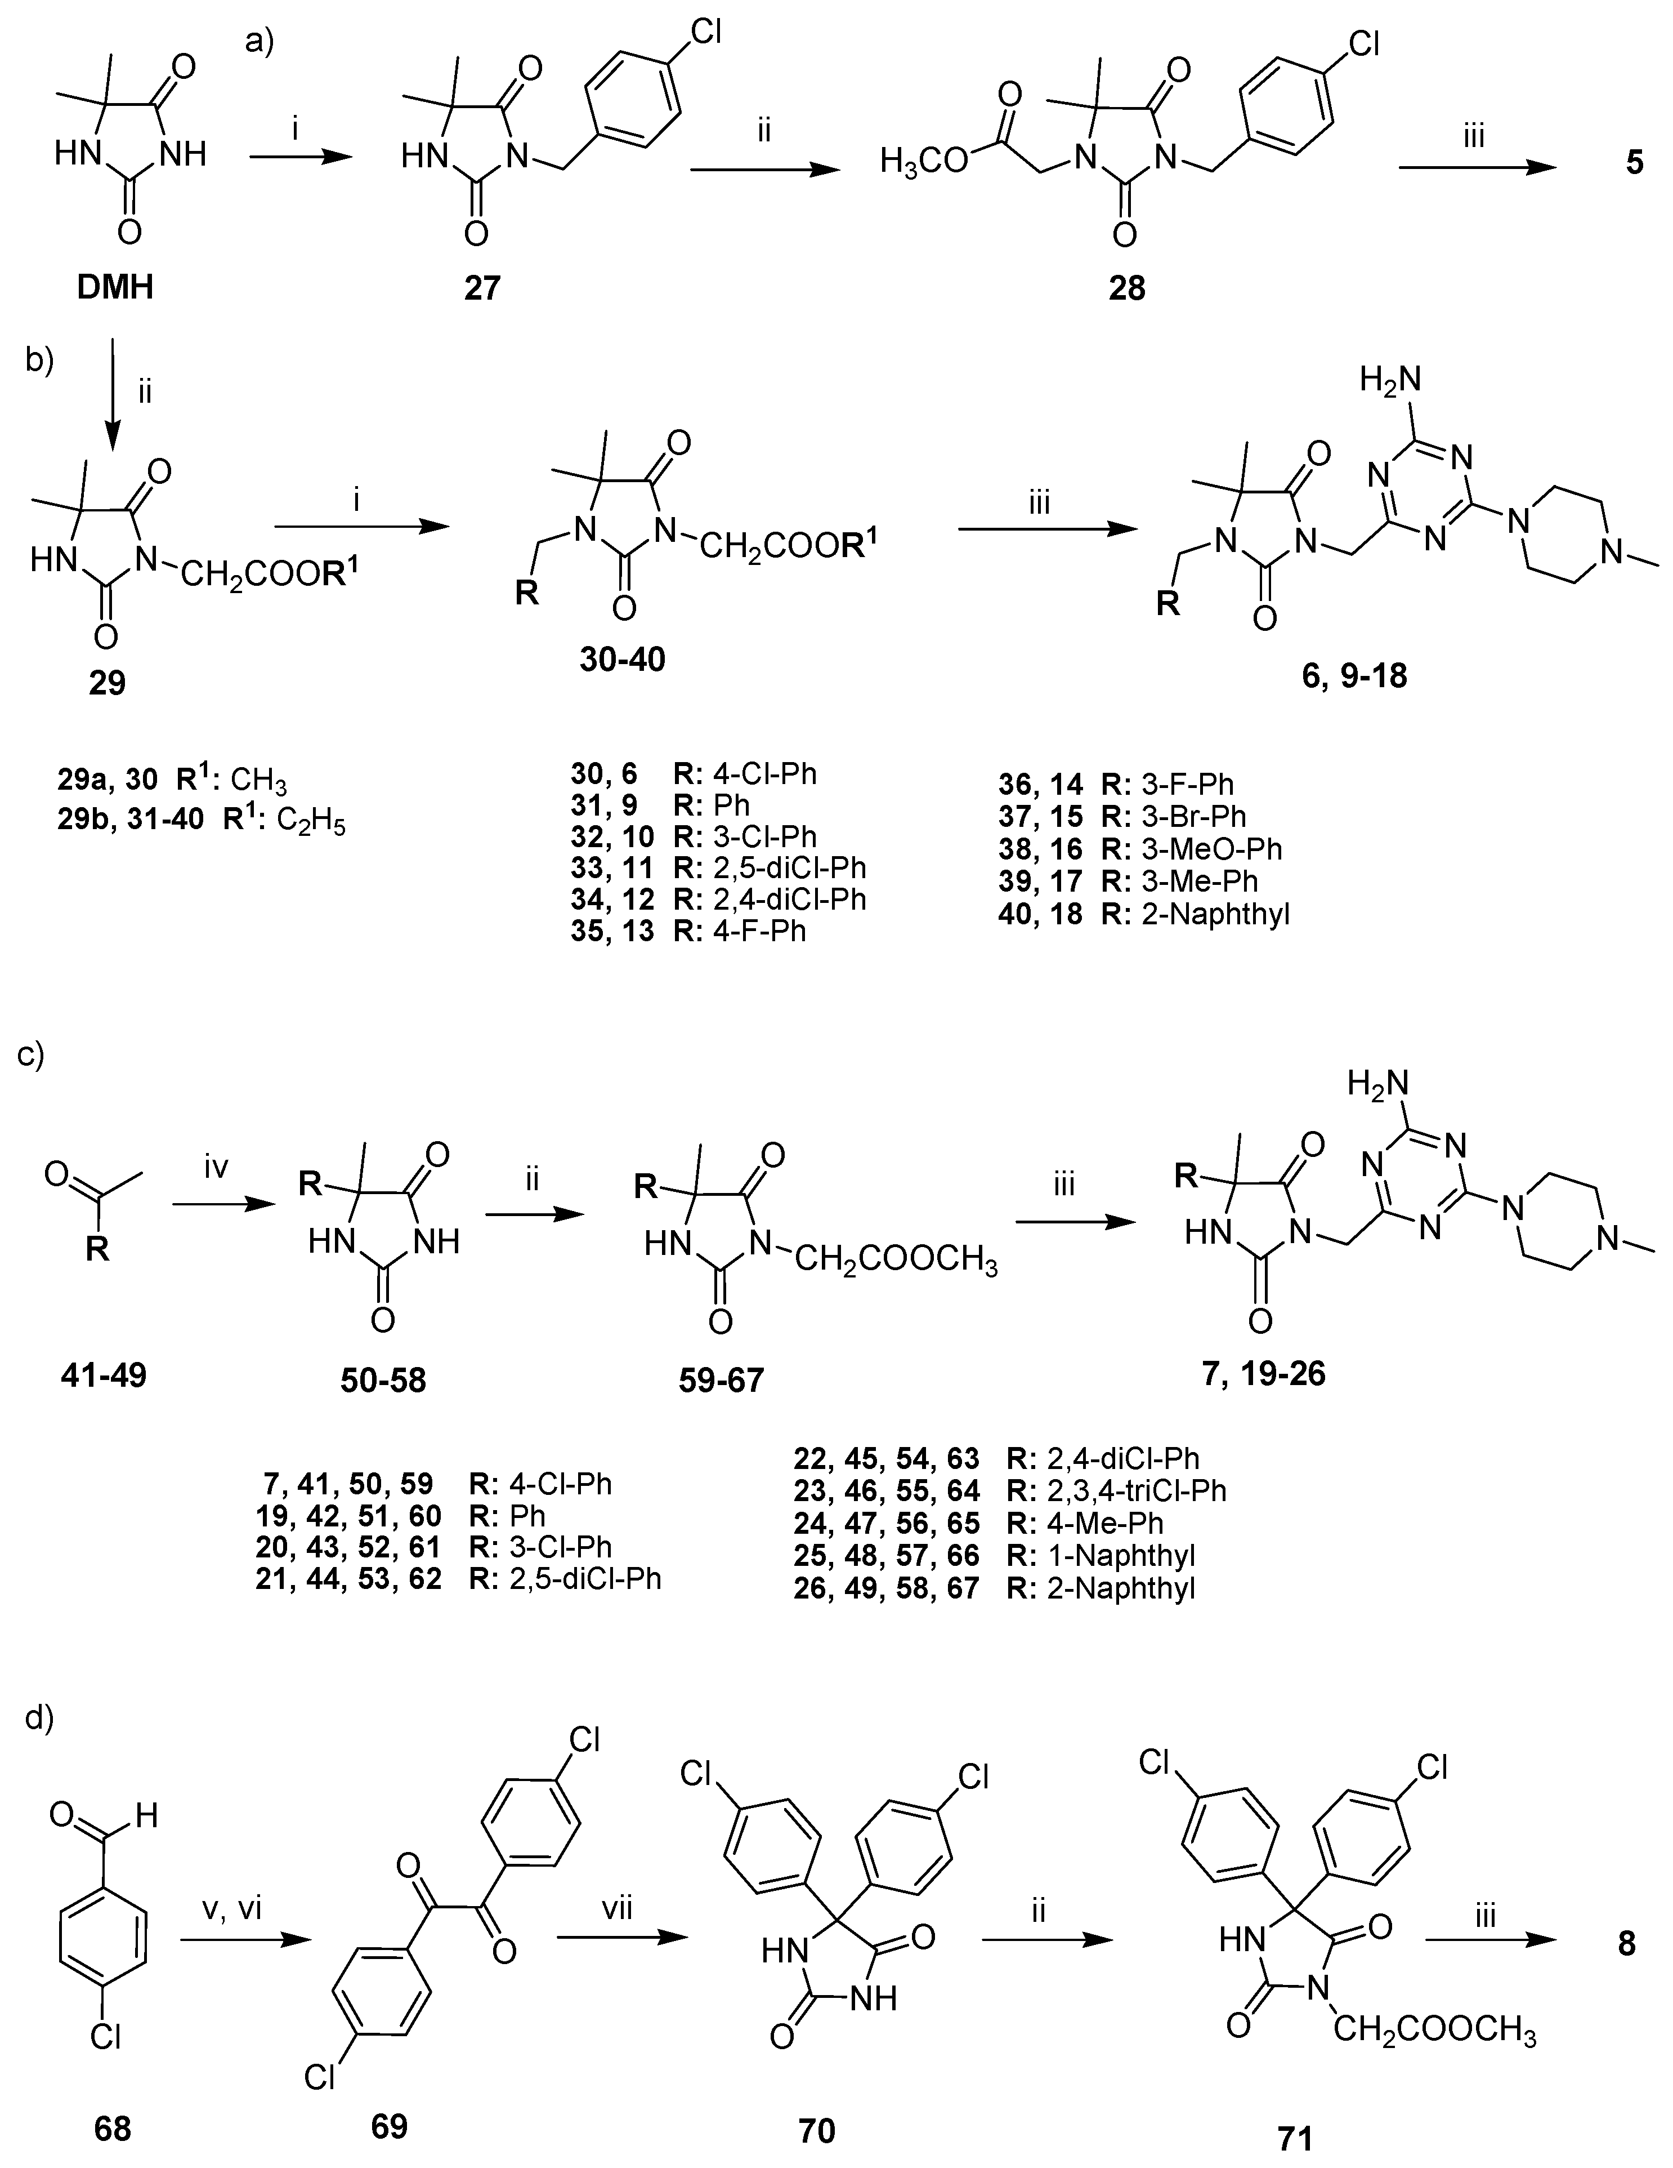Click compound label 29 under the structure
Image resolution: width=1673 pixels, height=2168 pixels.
point(108,683)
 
